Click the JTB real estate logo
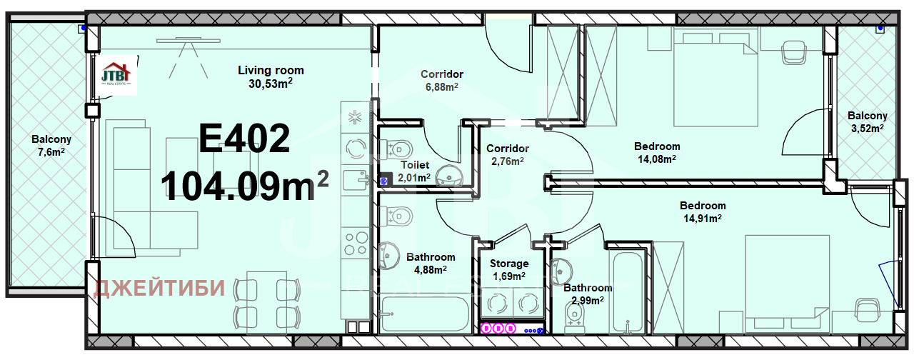pyautogui.click(x=116, y=74)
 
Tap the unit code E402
pyautogui.click(x=244, y=139)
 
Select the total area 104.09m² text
pyautogui.click(x=245, y=185)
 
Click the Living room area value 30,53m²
pyautogui.click(x=271, y=84)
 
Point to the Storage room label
pyautogui.click(x=509, y=264)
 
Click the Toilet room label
pyautogui.click(x=415, y=165)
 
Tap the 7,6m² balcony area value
pyautogui.click(x=51, y=152)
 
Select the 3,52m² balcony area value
pyautogui.click(x=868, y=128)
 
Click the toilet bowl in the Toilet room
pyautogui.click(x=395, y=149)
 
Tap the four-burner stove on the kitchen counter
pyautogui.click(x=356, y=244)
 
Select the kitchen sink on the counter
pyautogui.click(x=356, y=180)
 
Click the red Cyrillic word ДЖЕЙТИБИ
pyautogui.click(x=159, y=288)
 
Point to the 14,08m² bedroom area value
pyautogui.click(x=657, y=159)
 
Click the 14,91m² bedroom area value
pyautogui.click(x=703, y=219)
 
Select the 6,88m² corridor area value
pyautogui.click(x=442, y=87)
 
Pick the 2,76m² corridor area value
pyautogui.click(x=508, y=161)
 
